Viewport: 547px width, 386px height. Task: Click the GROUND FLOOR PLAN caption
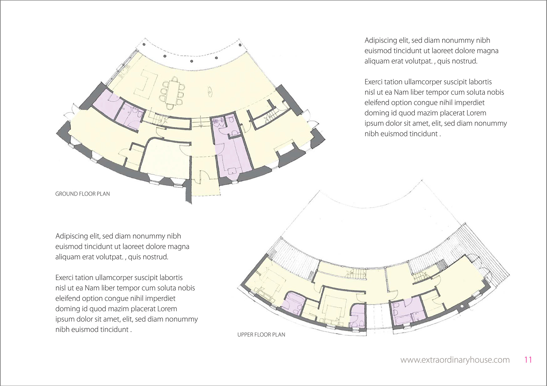[82, 194]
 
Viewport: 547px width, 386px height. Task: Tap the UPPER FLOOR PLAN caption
[261, 335]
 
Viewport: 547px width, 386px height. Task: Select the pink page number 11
[528, 360]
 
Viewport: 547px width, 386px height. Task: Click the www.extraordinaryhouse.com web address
[455, 360]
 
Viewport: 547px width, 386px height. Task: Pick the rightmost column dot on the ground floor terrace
[240, 45]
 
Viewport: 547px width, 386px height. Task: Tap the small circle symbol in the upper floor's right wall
[462, 307]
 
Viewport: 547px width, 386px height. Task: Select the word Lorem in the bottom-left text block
[167, 309]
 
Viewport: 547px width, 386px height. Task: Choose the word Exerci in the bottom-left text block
[64, 278]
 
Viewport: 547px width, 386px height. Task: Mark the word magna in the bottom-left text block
[178, 247]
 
